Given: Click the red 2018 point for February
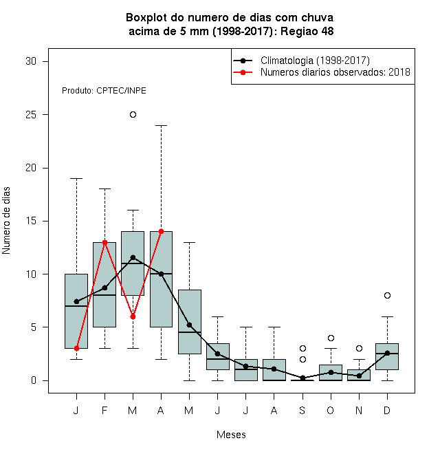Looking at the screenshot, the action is pos(104,242).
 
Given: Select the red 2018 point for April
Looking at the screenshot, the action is pos(162,232).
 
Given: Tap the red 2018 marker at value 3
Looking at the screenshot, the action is pos(76,348).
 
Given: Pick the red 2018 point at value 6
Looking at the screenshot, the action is pos(133,316).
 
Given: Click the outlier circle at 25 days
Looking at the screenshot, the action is pos(133,115).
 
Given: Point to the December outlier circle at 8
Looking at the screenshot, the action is pos(387,295).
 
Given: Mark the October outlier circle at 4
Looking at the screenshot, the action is pos(331,338).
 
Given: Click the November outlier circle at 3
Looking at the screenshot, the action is pos(359,348).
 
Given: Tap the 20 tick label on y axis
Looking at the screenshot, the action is pos(31,168).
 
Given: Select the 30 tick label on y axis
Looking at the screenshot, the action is pos(31,61).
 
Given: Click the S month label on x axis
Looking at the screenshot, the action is pos(302,410).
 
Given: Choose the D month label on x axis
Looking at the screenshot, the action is pos(387,410).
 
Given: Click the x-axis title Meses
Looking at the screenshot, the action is pos(231,435).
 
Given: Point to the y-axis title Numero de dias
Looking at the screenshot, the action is pos(6,221).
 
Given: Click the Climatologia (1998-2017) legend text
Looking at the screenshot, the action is pos(315,61).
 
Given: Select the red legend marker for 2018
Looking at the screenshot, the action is pos(243,72).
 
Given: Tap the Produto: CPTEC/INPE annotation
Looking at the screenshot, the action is pos(104,91).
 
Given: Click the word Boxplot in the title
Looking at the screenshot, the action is pos(146,18).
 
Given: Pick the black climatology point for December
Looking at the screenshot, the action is pos(387,353).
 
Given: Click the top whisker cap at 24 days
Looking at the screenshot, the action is pos(162,125).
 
